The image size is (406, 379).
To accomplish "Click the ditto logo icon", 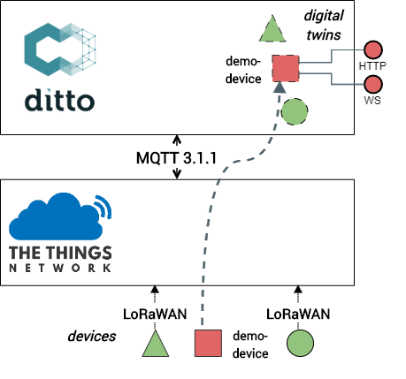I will pyautogui.click(x=58, y=50).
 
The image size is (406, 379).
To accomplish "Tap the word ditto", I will pyautogui.click(x=58, y=99).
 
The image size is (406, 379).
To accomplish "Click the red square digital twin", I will pyautogui.click(x=286, y=67).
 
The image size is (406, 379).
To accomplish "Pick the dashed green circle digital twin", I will pyautogui.click(x=295, y=111).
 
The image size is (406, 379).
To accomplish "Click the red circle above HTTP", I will pyautogui.click(x=372, y=49).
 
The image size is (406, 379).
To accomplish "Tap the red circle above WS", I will pyautogui.click(x=372, y=85).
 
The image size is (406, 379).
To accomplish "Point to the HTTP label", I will pyautogui.click(x=372, y=65).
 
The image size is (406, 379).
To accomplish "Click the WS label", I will pyautogui.click(x=372, y=102).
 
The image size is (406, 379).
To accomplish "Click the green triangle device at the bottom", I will pyautogui.click(x=156, y=345).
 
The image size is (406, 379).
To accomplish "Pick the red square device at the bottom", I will pyautogui.click(x=208, y=343).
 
